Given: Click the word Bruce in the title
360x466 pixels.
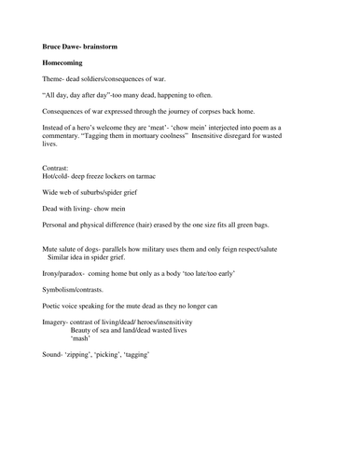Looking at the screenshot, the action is [x=53, y=44].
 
